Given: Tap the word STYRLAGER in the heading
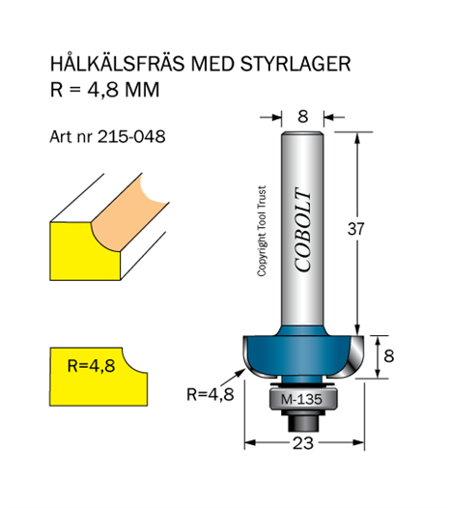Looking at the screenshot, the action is [295, 64].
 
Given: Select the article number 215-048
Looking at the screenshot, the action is [131, 137].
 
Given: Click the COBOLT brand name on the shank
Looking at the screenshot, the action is [303, 230].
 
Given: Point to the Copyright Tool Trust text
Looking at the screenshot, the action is [262, 231].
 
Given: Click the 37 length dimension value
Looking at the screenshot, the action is [355, 229].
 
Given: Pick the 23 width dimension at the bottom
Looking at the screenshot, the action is [303, 443].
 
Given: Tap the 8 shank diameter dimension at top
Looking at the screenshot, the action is [302, 116].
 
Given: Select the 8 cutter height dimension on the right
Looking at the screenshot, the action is [389, 355].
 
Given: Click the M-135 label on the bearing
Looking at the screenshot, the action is [301, 399].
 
